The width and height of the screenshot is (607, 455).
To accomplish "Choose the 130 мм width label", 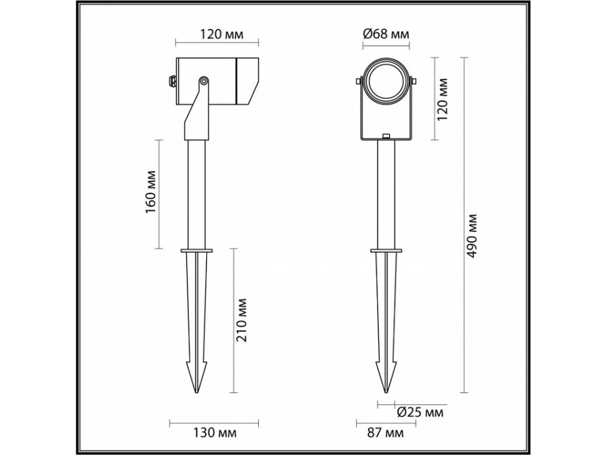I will pos(202,432).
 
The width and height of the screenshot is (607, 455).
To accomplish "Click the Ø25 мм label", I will pos(420,412).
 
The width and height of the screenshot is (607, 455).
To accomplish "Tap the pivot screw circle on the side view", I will pos(202,82).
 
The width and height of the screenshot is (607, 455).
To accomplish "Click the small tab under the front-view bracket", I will pos(386,137).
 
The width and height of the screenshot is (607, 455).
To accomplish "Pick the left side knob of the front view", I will pos(357,83).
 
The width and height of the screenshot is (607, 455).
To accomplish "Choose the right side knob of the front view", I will pos(415,83).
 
